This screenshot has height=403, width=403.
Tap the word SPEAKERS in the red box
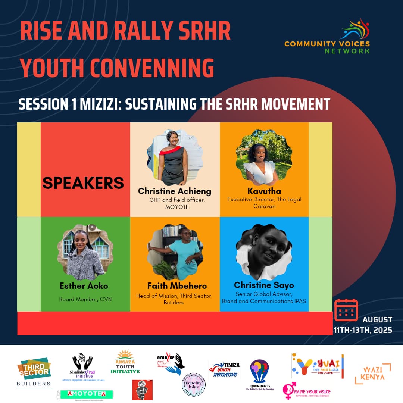(x=83, y=183)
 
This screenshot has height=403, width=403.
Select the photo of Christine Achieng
(x=175, y=157)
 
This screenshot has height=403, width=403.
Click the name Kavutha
(x=264, y=191)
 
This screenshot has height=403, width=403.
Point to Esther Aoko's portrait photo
(x=85, y=252)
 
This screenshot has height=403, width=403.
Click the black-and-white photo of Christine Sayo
(x=264, y=252)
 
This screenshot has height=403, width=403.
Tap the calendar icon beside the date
(x=346, y=310)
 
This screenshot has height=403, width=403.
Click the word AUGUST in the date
(x=377, y=320)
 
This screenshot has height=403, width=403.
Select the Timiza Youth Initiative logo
(x=224, y=369)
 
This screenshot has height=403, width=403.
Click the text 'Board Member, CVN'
(x=85, y=299)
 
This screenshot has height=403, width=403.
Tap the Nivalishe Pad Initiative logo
(x=83, y=368)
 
